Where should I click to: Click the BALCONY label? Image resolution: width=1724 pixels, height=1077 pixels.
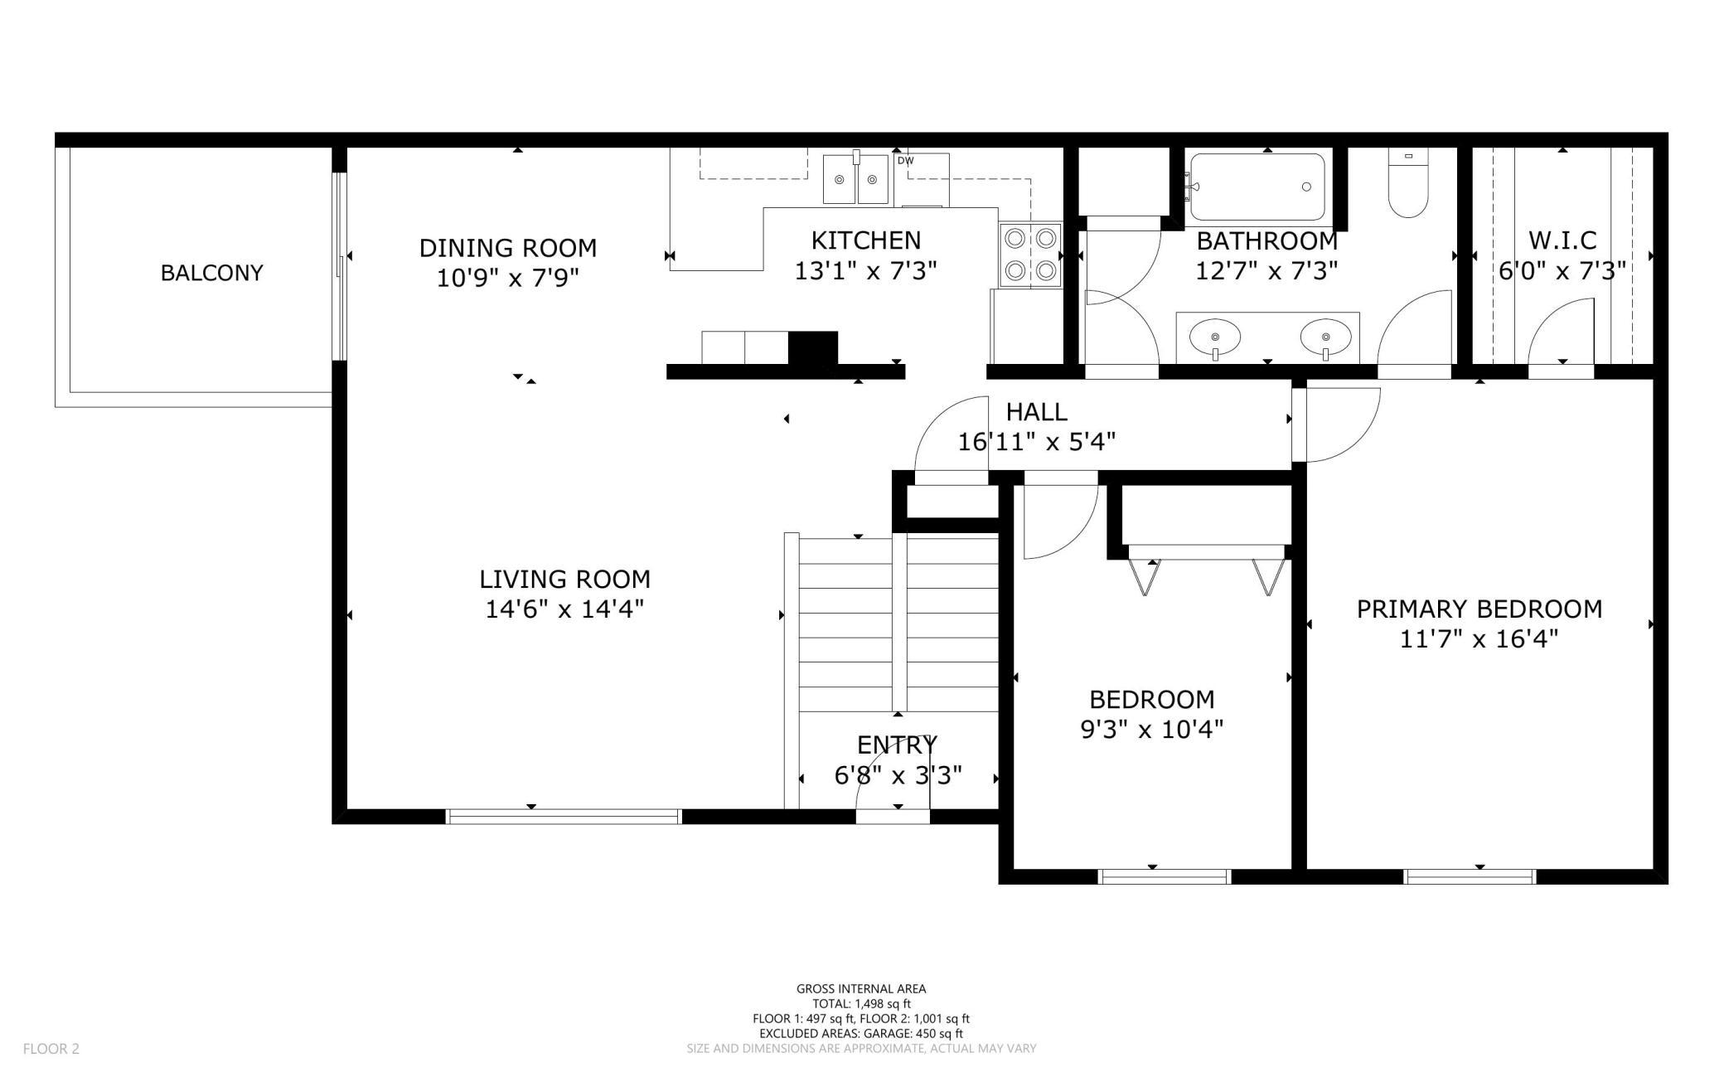point(211,273)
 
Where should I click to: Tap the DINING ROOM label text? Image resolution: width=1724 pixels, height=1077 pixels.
point(508,248)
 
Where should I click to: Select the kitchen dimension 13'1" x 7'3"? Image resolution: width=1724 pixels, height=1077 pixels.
point(865,271)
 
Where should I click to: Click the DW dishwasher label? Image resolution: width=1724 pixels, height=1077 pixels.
point(905,161)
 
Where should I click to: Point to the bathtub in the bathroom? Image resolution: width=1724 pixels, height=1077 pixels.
point(1255,187)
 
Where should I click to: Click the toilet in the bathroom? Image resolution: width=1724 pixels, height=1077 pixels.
point(1408,183)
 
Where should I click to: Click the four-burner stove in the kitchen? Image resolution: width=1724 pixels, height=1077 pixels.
point(1030,255)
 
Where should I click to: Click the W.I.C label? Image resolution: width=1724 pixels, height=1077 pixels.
point(1562,240)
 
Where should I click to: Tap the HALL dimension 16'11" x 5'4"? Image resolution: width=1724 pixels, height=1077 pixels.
point(1036,442)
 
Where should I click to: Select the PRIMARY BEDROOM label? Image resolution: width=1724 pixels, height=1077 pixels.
point(1479,609)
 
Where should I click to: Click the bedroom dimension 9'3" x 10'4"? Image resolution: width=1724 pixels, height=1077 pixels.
point(1152,730)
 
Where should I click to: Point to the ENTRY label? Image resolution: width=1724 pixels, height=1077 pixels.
point(897,745)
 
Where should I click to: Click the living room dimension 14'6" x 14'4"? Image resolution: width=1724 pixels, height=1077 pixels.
point(564,609)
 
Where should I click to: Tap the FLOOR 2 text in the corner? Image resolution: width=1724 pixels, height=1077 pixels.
point(51,1049)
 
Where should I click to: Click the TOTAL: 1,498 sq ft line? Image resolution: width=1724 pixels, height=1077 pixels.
point(861,1004)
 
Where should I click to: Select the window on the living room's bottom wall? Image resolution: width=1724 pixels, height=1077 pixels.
point(564,817)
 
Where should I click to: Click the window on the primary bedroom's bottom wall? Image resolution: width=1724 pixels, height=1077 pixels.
point(1470,877)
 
